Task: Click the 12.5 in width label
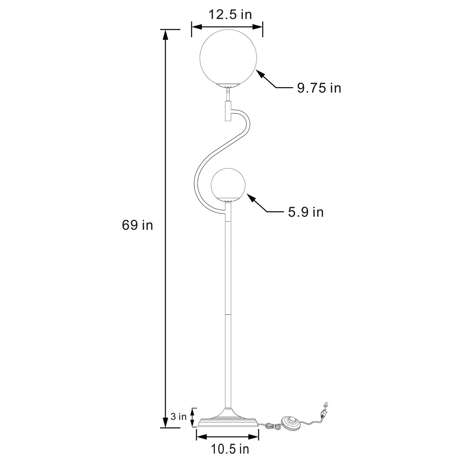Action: coord(230,14)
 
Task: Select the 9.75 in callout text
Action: coord(319,88)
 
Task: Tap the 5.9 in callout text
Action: coord(306,212)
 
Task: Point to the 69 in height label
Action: coord(137,226)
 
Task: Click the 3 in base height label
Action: coord(178,417)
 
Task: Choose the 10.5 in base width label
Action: coord(230,449)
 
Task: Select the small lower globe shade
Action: coord(228,185)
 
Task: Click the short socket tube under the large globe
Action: coord(227,111)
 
